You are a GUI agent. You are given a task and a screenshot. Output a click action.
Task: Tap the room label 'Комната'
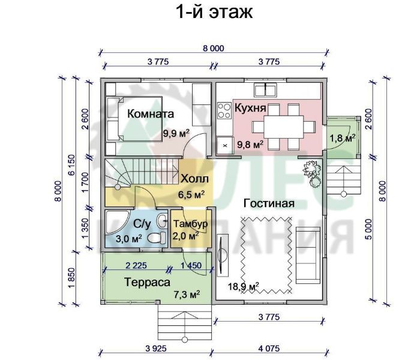click(151, 113)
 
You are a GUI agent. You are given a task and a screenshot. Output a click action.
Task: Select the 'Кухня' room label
click(250, 108)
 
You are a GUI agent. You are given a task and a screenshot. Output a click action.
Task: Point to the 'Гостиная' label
click(268, 203)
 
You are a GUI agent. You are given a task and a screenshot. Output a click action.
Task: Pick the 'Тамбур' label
click(190, 224)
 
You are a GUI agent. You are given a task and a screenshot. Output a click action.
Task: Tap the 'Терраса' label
click(148, 281)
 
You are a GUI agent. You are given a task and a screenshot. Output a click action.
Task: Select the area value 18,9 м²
click(244, 286)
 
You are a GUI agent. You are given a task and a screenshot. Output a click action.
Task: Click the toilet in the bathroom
click(158, 236)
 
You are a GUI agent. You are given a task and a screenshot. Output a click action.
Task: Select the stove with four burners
click(224, 110)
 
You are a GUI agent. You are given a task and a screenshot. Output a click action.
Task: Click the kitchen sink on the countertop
click(265, 90)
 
